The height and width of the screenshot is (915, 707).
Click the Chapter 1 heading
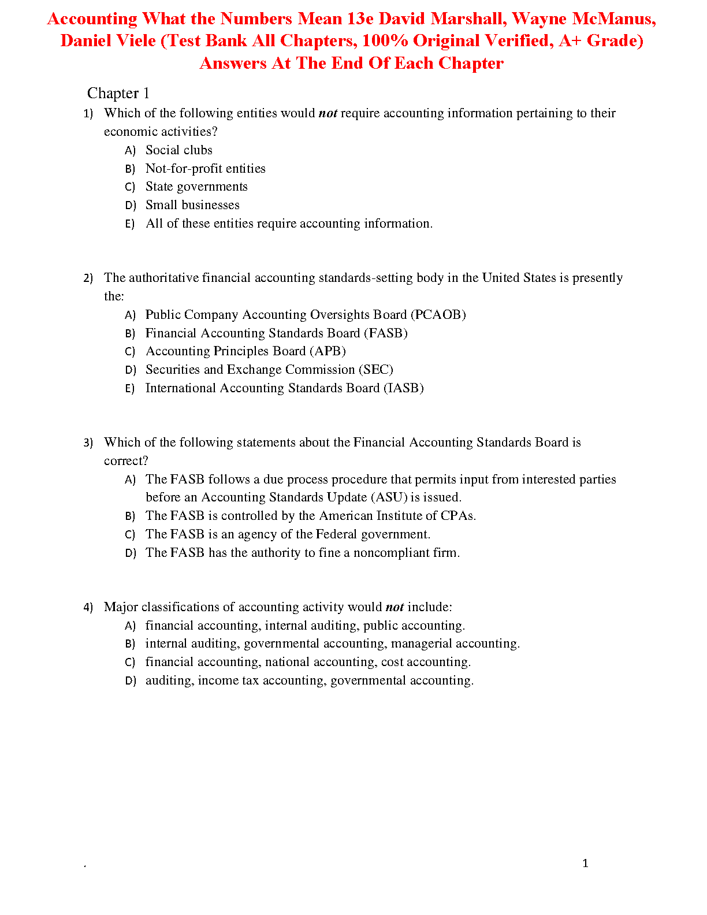118,93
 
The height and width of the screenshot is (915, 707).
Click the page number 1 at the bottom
585,863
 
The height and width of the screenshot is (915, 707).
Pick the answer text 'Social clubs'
179,150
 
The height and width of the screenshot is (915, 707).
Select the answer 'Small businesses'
192,205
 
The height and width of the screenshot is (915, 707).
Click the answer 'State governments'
196,187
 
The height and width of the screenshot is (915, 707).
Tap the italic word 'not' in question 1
328,113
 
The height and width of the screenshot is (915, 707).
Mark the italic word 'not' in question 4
395,607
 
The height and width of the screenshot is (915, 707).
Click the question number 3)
88,443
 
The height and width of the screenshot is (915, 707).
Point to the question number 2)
88,278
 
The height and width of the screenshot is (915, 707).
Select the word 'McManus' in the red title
613,18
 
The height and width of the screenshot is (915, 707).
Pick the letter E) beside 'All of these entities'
130,224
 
